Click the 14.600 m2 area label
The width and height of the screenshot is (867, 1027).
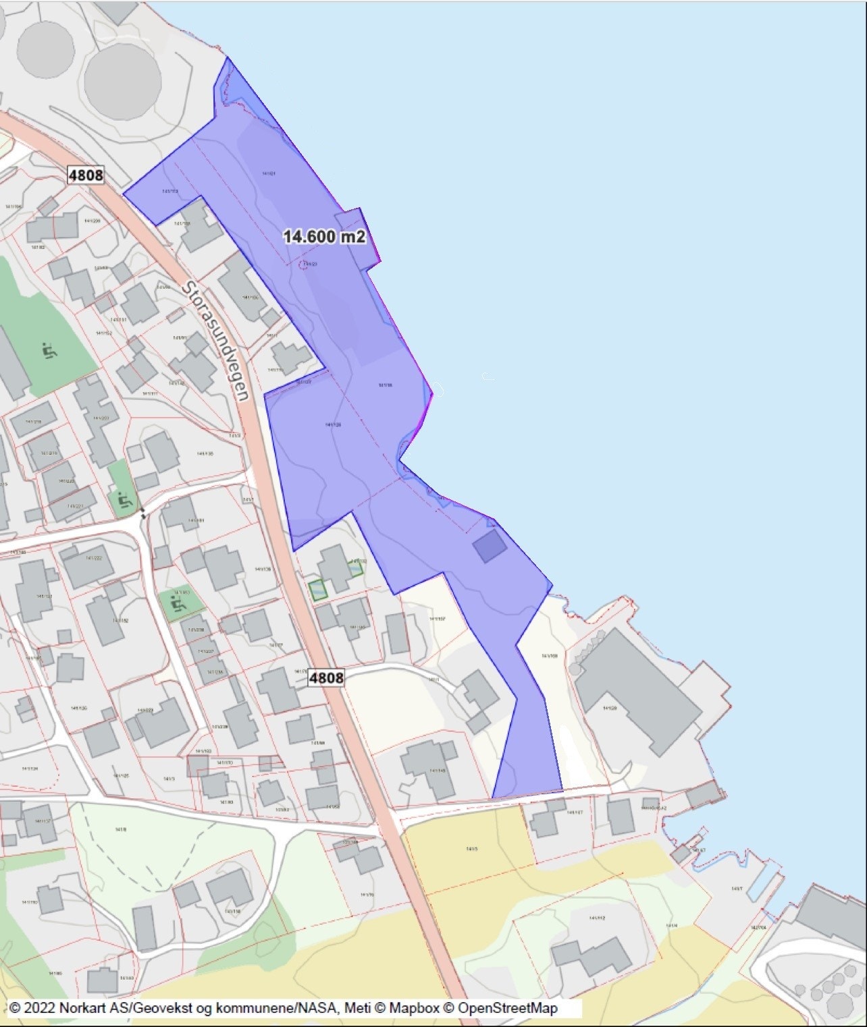tap(324, 236)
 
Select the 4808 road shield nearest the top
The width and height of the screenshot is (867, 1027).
tap(86, 175)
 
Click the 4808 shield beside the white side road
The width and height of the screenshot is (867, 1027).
tap(326, 677)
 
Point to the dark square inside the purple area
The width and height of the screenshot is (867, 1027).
tap(490, 546)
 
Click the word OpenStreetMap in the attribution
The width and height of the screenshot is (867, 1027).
tap(507, 1008)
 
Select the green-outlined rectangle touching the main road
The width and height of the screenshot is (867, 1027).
tap(318, 590)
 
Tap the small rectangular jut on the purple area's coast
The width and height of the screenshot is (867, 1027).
tap(358, 233)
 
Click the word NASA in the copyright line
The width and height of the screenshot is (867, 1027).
tap(317, 1008)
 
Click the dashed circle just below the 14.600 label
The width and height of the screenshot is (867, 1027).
tap(308, 264)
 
